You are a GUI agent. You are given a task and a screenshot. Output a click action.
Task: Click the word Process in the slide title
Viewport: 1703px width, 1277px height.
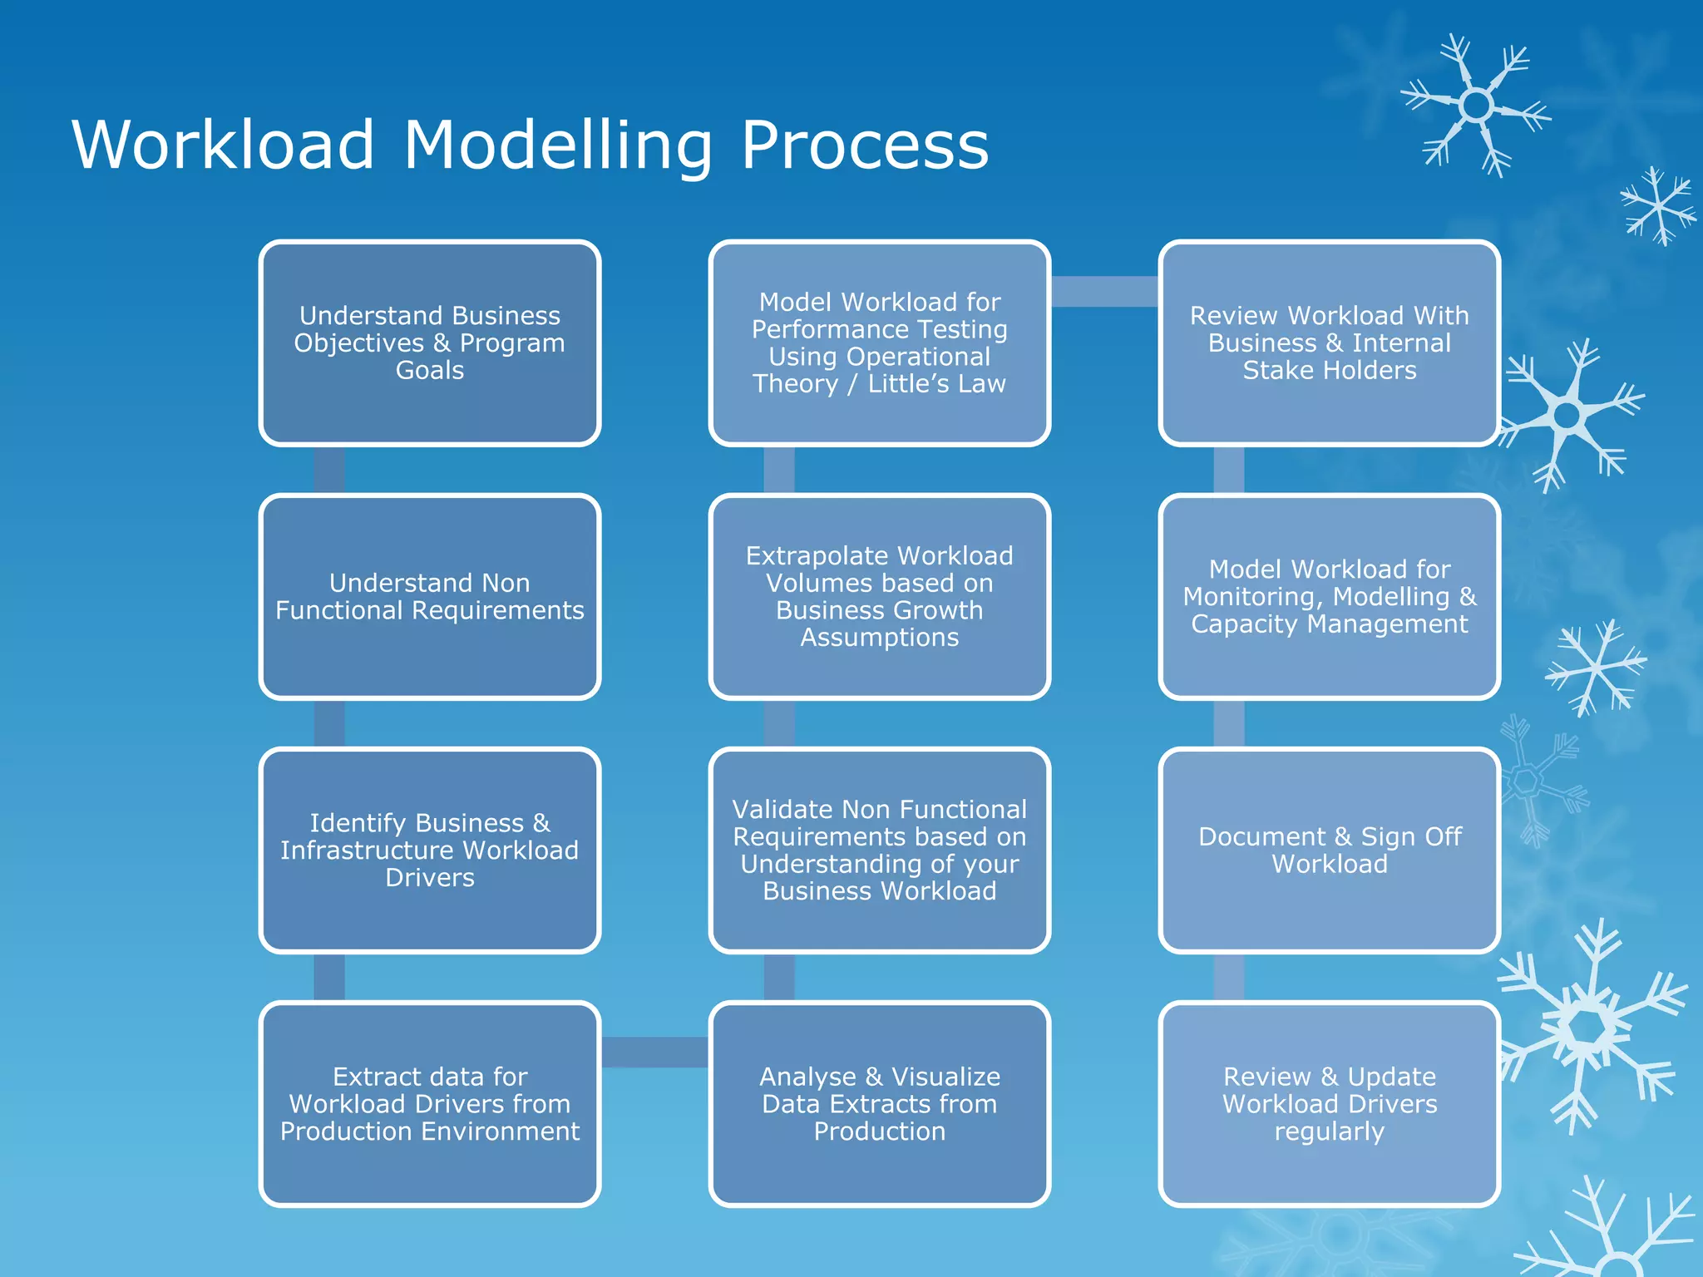click(864, 145)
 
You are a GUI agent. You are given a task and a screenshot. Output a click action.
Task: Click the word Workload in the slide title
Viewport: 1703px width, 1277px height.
click(223, 145)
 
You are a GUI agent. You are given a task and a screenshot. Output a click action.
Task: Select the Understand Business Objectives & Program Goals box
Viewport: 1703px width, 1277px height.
click(429, 343)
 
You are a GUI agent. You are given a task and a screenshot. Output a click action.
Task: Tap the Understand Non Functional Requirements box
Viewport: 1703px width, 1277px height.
click(429, 596)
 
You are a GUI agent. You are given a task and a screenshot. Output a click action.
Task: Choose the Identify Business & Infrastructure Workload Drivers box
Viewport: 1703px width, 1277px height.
click(429, 850)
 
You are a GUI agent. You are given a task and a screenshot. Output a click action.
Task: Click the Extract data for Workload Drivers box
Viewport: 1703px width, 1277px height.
click(429, 1103)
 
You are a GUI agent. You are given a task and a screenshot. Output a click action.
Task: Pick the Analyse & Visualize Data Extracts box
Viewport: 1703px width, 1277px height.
click(879, 1103)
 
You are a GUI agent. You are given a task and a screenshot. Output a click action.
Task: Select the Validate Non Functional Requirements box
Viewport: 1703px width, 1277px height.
click(879, 850)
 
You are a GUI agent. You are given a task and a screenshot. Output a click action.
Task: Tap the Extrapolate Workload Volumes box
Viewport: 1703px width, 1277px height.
click(879, 596)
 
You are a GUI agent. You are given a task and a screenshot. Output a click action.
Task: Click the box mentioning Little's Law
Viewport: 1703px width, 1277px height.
click(879, 343)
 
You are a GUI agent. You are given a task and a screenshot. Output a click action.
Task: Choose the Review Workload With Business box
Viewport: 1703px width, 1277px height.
click(1329, 343)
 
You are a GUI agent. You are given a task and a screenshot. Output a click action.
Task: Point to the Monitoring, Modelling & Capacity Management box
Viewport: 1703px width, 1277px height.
click(1329, 596)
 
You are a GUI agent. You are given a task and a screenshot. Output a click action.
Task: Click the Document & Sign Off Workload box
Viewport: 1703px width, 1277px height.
click(1329, 850)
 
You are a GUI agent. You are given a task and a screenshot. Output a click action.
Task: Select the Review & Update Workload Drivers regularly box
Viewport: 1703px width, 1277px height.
click(1329, 1103)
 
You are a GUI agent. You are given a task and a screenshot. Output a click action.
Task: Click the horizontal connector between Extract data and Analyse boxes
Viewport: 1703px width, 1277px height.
click(654, 1052)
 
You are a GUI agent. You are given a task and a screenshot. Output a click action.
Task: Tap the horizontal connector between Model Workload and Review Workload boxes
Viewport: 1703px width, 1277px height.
click(1104, 291)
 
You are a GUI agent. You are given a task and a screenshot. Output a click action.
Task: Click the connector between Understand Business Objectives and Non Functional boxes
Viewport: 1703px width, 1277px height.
click(329, 470)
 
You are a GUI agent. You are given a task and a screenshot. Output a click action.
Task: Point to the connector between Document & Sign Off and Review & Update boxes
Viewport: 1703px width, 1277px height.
click(1229, 977)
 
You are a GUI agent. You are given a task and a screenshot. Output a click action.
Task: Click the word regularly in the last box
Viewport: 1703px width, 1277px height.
click(1329, 1132)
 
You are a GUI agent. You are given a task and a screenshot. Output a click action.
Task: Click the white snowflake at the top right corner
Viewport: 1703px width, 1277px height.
click(1476, 106)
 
